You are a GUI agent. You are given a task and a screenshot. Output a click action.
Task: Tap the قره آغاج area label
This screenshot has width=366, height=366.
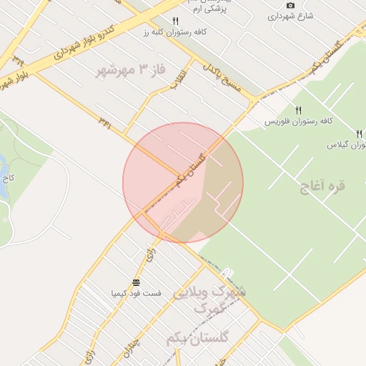[x=323, y=186]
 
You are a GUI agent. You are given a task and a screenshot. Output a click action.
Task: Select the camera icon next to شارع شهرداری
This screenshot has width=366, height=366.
[x=290, y=6]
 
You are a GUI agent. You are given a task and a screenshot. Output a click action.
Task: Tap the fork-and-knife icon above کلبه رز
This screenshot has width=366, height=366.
[x=176, y=21]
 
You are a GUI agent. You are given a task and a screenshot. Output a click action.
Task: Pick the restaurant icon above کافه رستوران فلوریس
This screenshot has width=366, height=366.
[x=298, y=110]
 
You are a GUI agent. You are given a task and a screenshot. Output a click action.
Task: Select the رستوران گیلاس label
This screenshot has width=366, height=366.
[x=347, y=145]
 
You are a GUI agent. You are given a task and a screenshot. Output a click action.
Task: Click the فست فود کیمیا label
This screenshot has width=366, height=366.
[x=136, y=293]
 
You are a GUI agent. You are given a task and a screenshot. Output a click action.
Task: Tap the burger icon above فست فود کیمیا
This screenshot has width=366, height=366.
[x=136, y=282]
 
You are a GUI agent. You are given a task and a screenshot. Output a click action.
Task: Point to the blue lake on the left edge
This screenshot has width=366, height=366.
[x=3, y=166]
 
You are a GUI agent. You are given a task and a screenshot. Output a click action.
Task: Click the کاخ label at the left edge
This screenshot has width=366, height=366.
[x=4, y=177]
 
